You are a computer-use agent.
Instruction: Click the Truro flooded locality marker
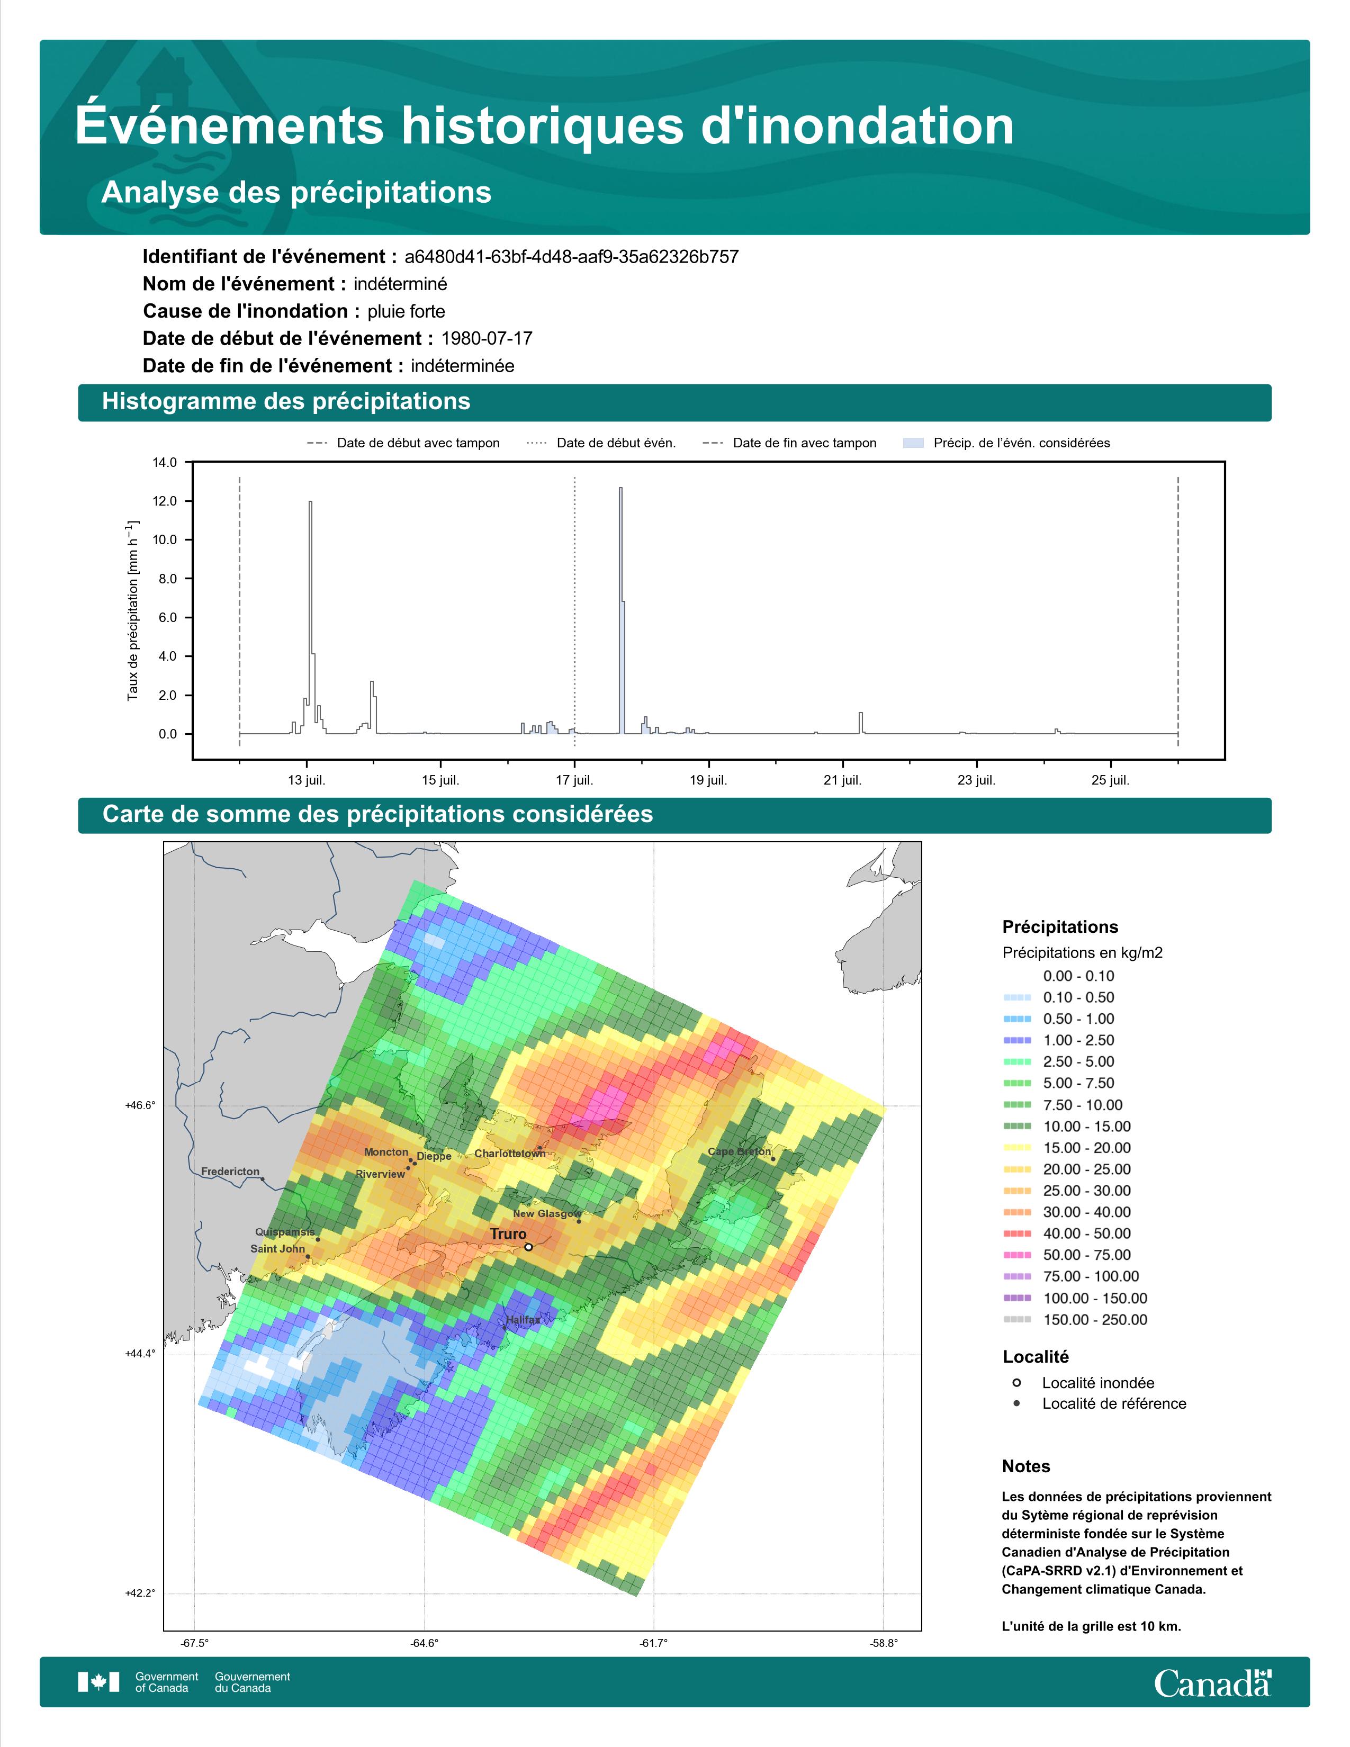click(529, 1246)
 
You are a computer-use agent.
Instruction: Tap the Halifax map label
click(523, 1320)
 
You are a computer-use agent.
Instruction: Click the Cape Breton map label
click(740, 1152)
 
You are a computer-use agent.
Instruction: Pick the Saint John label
click(277, 1249)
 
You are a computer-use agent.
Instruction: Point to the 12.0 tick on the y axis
click(166, 501)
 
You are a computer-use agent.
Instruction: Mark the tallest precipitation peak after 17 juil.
click(620, 488)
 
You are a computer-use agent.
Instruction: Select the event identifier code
click(572, 257)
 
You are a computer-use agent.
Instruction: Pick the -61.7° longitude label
click(653, 1644)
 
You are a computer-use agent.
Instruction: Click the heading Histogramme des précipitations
click(286, 402)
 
